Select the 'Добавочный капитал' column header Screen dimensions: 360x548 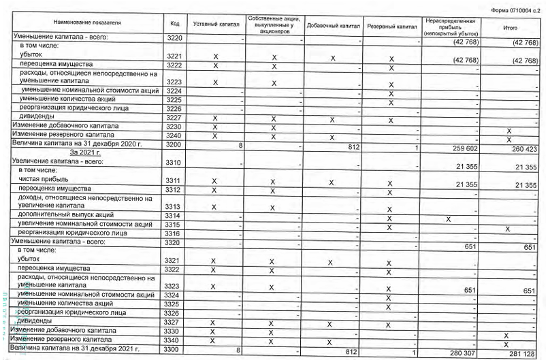pyautogui.click(x=332, y=24)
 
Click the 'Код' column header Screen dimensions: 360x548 pyautogui.click(x=174, y=24)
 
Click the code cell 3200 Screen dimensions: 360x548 pyautogui.click(x=174, y=145)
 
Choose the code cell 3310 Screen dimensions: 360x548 pyautogui.click(x=174, y=164)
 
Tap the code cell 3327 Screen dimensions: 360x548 pyautogui.click(x=174, y=322)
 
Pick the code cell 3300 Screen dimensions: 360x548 pyautogui.click(x=174, y=349)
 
